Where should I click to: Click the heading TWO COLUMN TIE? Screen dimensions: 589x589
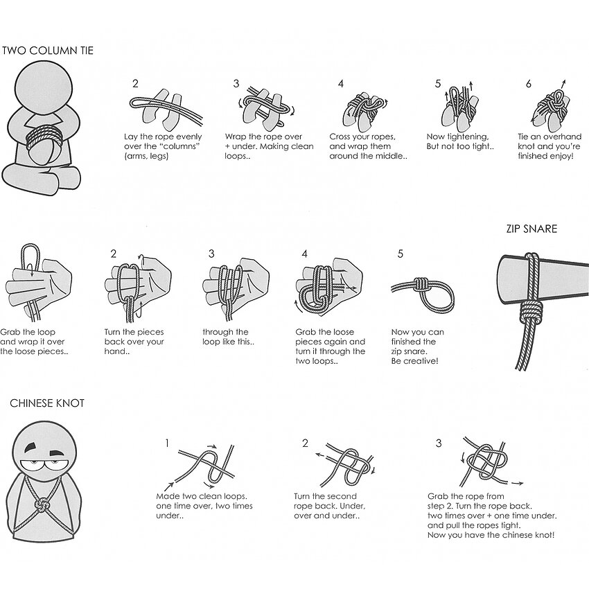point(48,51)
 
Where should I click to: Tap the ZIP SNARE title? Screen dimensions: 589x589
point(531,229)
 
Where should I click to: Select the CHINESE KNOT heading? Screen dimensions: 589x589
point(47,403)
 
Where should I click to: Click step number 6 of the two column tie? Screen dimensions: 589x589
point(529,84)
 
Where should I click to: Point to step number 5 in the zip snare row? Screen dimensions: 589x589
point(401,254)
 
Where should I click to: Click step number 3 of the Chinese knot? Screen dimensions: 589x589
point(439,443)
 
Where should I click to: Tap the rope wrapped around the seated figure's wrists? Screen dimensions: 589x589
point(41,138)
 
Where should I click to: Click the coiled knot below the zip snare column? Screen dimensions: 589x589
point(530,313)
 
